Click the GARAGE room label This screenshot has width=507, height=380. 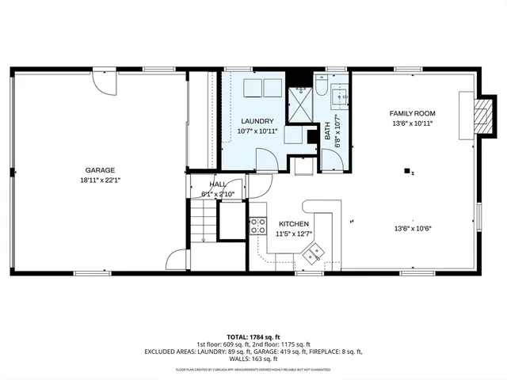click(101, 169)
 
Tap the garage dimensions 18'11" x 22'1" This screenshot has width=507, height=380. click(101, 180)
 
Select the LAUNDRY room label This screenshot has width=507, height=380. click(257, 120)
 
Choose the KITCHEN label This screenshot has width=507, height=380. click(293, 224)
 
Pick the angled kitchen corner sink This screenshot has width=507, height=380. click(312, 253)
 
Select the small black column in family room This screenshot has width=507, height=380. click(408, 170)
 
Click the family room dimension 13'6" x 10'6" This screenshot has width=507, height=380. click(411, 229)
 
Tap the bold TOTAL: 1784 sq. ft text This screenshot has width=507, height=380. click(253, 336)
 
